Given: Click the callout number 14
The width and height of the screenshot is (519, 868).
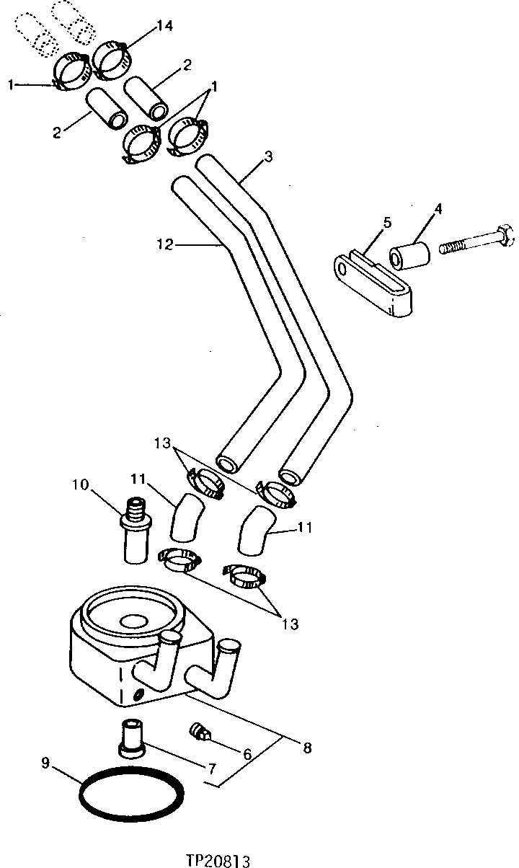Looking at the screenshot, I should tap(164, 27).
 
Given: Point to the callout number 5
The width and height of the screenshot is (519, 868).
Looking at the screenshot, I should tap(387, 222).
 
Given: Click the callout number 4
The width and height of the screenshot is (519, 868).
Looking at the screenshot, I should tap(438, 209).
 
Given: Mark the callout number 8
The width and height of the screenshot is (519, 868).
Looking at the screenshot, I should tap(307, 748).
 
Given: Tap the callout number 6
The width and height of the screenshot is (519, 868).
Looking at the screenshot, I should tap(247, 755).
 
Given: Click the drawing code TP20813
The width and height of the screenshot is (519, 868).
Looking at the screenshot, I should tap(218, 859).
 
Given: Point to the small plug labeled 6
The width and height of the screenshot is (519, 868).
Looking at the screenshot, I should tap(200, 732).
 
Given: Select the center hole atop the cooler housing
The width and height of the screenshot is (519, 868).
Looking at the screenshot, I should tap(133, 620).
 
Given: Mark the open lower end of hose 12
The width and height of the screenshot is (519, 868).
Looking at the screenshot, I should tap(229, 464).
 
